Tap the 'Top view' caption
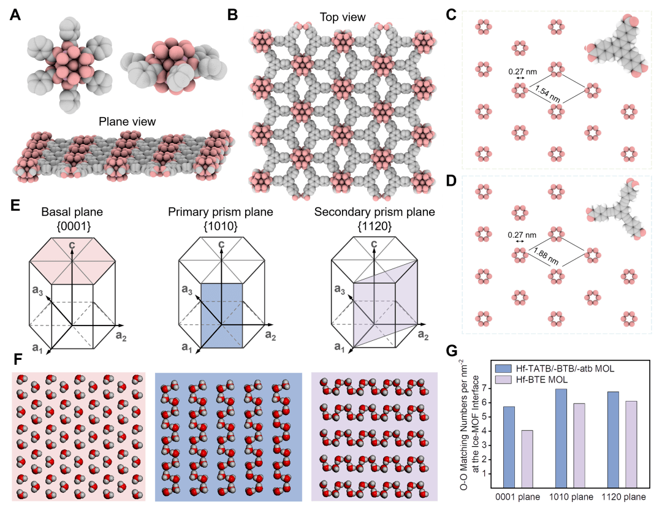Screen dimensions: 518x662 [x=343, y=17]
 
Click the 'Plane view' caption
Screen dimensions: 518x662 [x=125, y=121]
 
